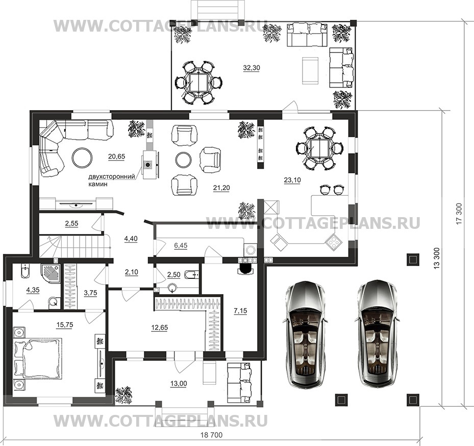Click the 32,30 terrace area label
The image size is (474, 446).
[252, 68]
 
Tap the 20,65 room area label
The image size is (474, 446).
[116, 156]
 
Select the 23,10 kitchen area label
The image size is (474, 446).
[292, 180]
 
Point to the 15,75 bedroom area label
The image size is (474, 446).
[65, 325]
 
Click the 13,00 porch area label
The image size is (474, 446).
[179, 383]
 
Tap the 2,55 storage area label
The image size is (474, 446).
[71, 223]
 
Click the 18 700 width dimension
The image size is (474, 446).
[211, 435]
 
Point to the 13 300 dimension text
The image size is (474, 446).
[436, 258]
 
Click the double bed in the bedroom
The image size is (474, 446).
[38, 358]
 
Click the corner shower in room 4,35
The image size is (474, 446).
[50, 274]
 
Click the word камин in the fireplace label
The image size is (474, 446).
[98, 183]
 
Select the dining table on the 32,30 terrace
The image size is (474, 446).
[198, 83]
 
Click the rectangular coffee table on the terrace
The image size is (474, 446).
[310, 71]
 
